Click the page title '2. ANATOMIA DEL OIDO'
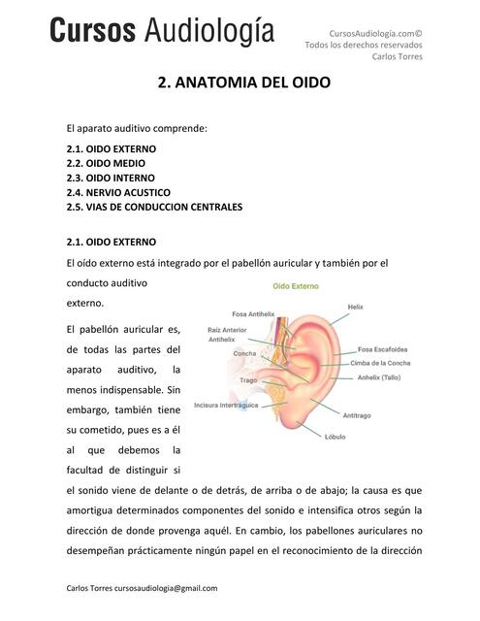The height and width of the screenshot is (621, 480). coord(243,83)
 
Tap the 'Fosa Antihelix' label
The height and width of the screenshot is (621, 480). coord(254,313)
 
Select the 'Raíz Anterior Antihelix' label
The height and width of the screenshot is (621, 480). coord(228,335)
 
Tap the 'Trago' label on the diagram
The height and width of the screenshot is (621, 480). coord(247,380)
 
